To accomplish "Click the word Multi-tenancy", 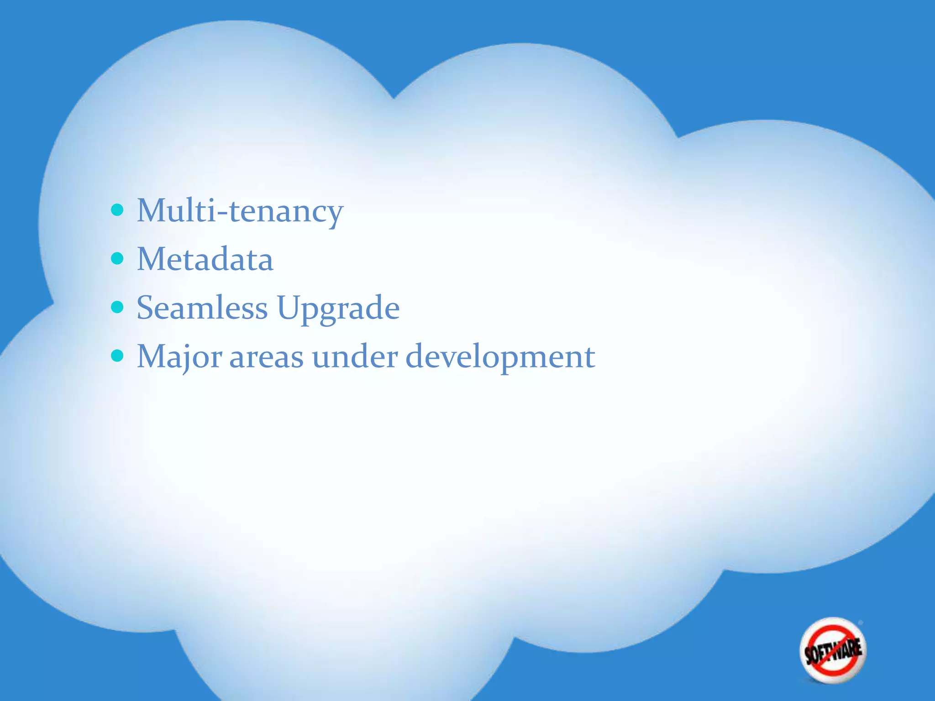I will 240,211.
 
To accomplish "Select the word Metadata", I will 205,259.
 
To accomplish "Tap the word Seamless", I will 202,308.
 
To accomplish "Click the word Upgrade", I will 338,309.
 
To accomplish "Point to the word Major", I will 179,357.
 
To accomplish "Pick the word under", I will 355,357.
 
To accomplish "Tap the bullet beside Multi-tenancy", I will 117,210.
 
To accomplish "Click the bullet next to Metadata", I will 117,259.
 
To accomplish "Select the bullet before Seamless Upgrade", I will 117,307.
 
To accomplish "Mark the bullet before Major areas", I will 117,356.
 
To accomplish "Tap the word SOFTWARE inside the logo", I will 833,651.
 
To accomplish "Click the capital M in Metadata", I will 151,259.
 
